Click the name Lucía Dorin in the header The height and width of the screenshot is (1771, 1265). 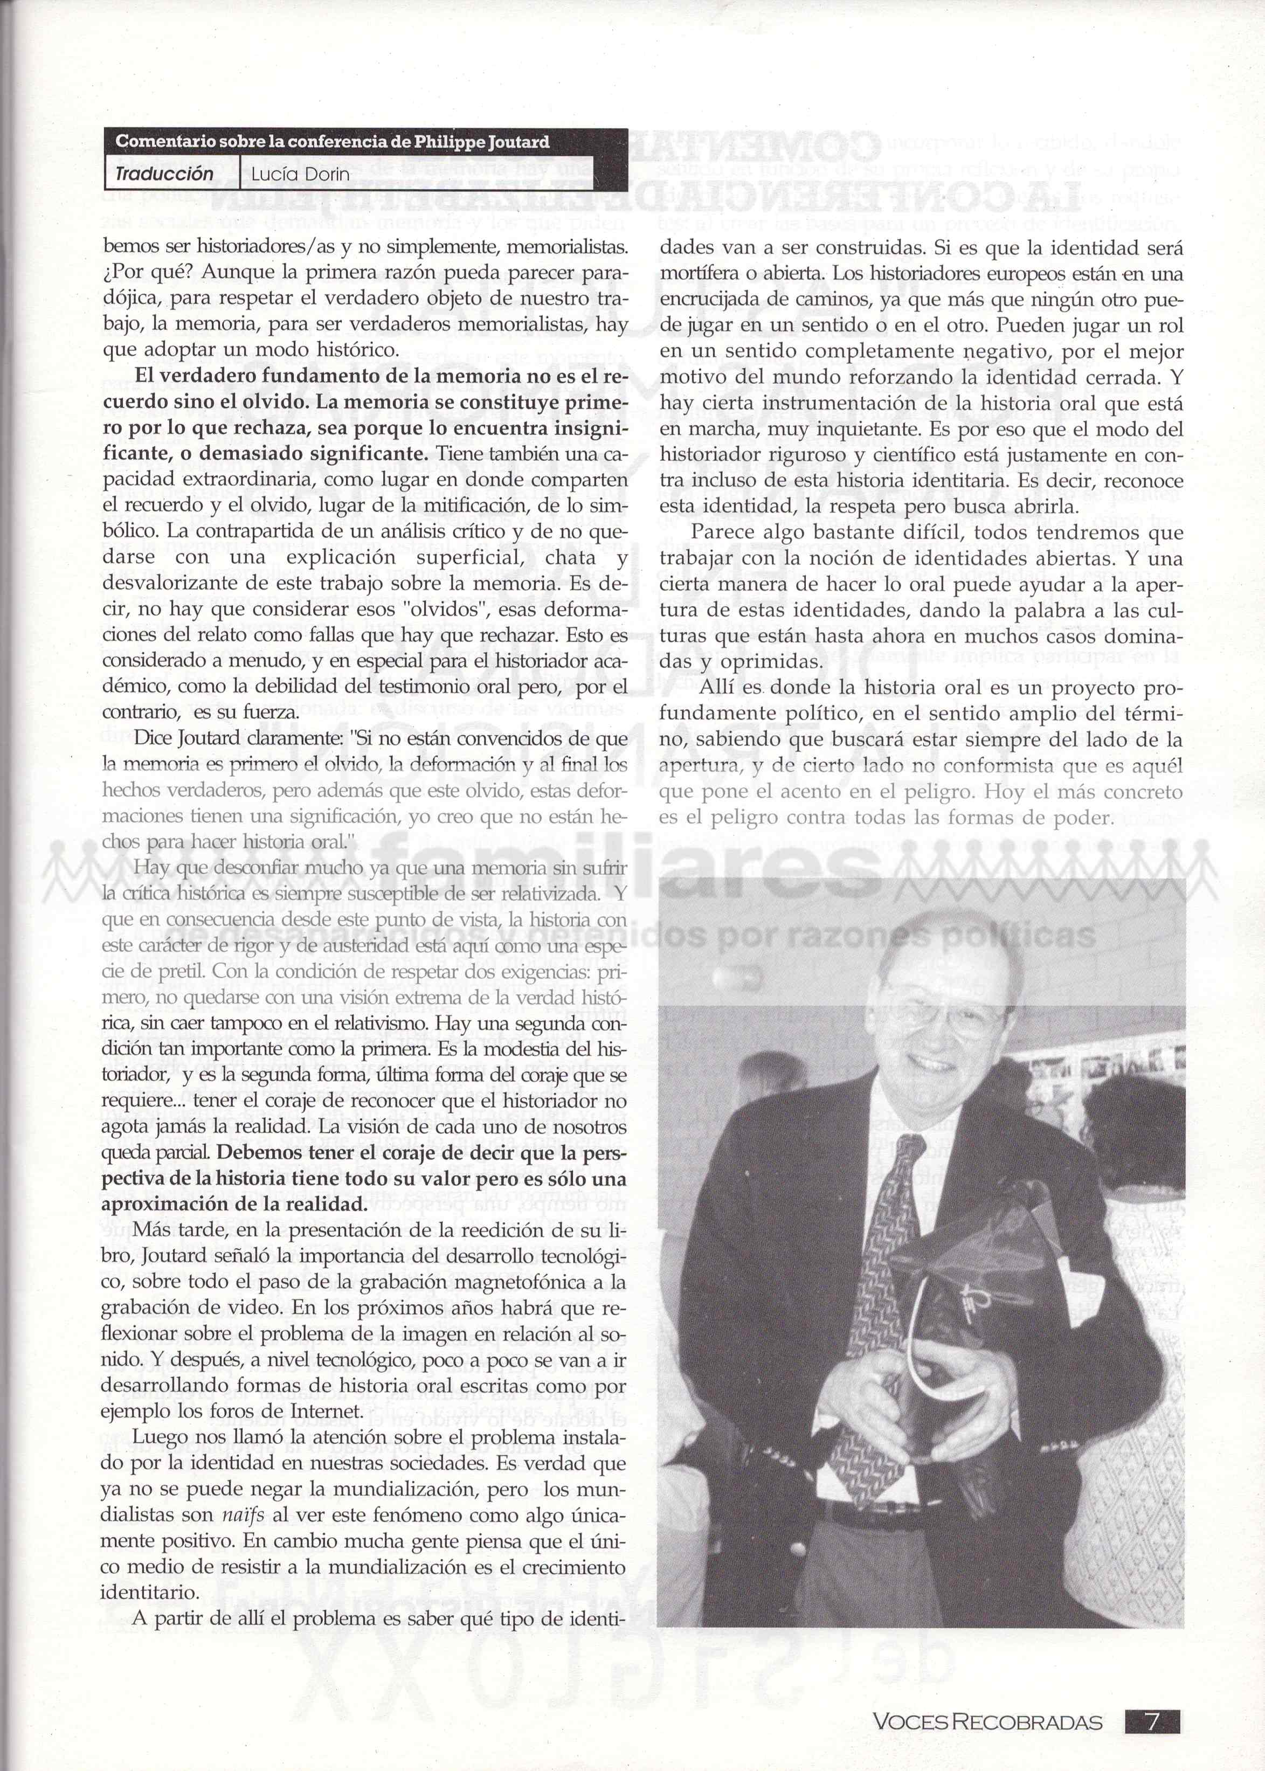300,175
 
